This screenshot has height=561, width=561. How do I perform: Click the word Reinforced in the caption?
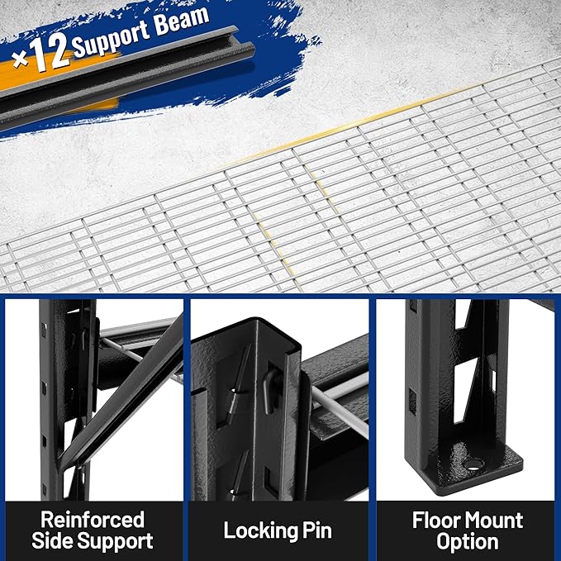92,521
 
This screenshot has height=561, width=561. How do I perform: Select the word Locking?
254,530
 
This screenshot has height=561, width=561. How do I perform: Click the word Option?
467,542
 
